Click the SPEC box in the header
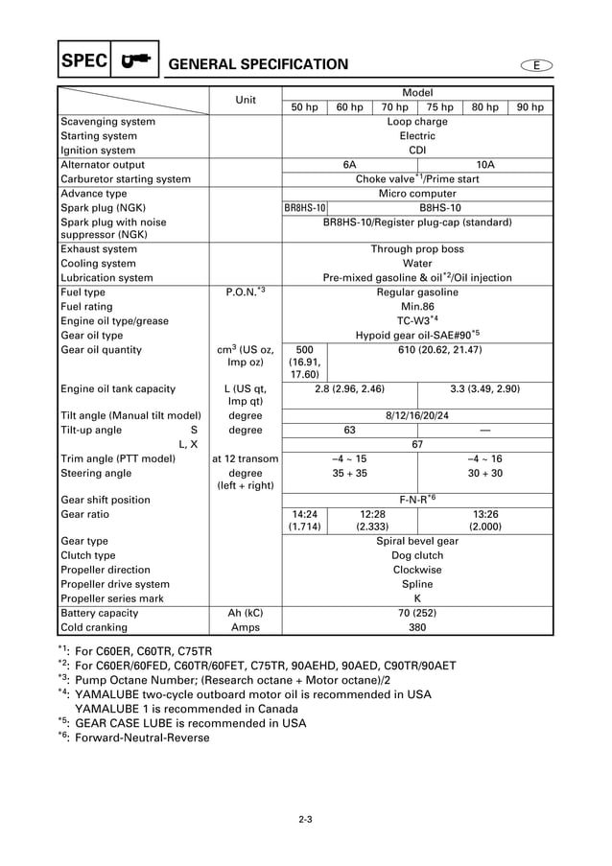pyautogui.click(x=83, y=62)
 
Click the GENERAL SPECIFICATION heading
pyautogui.click(x=258, y=64)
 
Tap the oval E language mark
pyautogui.click(x=537, y=64)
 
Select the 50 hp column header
pyautogui.click(x=304, y=107)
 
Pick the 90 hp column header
pyautogui.click(x=530, y=107)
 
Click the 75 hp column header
pyautogui.click(x=439, y=107)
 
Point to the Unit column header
pyautogui.click(x=246, y=100)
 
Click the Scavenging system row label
pyautogui.click(x=107, y=122)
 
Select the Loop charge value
pyautogui.click(x=417, y=122)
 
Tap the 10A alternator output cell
pyautogui.click(x=485, y=165)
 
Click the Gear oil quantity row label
pyautogui.click(x=101, y=350)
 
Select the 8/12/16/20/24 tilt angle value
pyautogui.click(x=417, y=416)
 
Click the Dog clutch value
pyautogui.click(x=417, y=555)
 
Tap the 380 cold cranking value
pyautogui.click(x=417, y=627)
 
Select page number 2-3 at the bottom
pyautogui.click(x=306, y=818)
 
